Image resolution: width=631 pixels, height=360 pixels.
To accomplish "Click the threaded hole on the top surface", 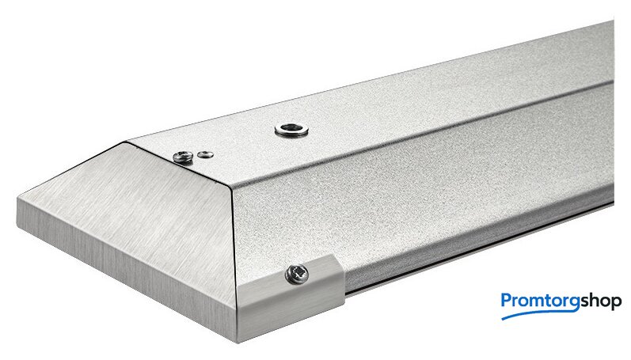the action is (x=292, y=129).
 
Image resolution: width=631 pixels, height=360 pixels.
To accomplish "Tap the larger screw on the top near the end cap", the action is (x=183, y=157).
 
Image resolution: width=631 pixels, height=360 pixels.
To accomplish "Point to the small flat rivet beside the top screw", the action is (x=206, y=154).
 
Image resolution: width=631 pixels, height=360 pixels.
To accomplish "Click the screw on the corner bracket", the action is (x=297, y=275).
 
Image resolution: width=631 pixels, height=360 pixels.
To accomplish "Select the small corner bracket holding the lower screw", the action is (x=290, y=297).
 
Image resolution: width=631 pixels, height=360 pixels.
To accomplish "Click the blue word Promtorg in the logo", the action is (x=540, y=301).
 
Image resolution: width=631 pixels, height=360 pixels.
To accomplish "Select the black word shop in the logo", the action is (x=600, y=301).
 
